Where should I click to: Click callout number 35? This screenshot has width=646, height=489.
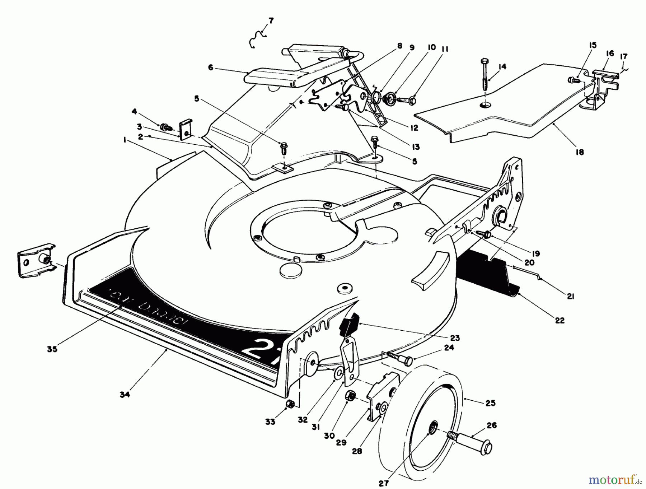52,349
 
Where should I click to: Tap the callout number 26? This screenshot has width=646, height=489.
491,425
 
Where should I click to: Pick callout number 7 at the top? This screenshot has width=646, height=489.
271,21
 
